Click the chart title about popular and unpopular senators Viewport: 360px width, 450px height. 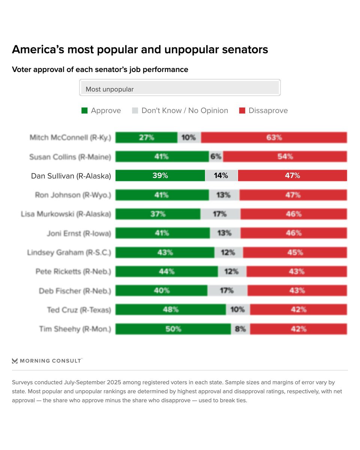[140, 49]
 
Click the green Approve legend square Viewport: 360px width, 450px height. [84, 111]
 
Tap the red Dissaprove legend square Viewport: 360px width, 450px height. [242, 111]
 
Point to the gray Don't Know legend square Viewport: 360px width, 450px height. [135, 111]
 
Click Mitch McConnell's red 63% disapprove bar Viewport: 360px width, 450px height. [274, 138]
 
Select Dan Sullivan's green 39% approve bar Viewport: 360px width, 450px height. [160, 175]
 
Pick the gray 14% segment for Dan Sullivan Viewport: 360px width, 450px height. [221, 175]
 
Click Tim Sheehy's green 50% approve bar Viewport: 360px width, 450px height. [173, 329]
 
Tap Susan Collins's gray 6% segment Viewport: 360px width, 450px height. [216, 156]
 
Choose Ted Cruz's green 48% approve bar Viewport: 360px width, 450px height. [171, 310]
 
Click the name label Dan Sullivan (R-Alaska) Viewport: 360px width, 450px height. [71, 176]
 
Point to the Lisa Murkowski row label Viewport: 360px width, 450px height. [66, 214]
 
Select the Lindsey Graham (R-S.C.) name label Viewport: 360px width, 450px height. [69, 252]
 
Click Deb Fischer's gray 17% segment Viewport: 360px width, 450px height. [227, 291]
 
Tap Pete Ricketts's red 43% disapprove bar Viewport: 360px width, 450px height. [296, 271]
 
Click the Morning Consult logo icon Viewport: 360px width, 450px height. [15, 361]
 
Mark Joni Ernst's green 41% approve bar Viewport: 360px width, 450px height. [162, 233]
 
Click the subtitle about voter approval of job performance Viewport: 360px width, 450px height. [100, 69]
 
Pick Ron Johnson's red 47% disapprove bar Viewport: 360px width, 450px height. [293, 195]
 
